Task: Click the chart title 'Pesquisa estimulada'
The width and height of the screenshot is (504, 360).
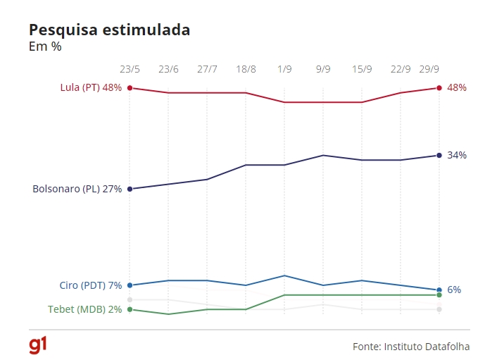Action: [x=109, y=30]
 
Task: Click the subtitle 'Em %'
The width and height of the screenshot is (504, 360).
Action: [x=45, y=47]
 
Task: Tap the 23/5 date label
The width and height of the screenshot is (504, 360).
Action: [x=130, y=70]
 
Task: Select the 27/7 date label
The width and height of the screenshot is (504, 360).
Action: [x=207, y=70]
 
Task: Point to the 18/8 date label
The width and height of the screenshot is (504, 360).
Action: [x=246, y=70]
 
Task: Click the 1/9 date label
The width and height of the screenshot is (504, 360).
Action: [x=284, y=70]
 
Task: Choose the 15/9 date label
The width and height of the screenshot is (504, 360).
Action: [x=362, y=70]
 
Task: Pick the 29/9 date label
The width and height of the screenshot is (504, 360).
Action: [x=430, y=70]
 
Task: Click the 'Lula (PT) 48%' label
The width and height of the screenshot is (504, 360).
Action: [x=91, y=88]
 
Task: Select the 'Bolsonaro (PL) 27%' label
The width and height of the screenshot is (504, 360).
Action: [x=77, y=189]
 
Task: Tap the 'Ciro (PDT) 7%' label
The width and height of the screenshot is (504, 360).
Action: [x=90, y=285]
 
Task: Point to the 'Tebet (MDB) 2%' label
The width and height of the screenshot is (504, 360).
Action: [x=84, y=309]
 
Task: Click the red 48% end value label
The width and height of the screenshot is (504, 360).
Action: [x=457, y=88]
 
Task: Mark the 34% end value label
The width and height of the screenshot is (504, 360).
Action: [x=457, y=155]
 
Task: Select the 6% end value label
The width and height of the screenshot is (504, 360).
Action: [x=454, y=290]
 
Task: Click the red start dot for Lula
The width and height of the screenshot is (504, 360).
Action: [x=130, y=88]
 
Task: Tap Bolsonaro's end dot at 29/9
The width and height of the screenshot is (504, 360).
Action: [x=439, y=155]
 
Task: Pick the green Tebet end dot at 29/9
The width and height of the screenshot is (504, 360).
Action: [x=439, y=294]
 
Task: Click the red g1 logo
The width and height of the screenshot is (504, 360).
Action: [x=38, y=345]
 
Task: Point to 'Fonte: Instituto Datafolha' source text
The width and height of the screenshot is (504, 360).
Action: [x=411, y=347]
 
